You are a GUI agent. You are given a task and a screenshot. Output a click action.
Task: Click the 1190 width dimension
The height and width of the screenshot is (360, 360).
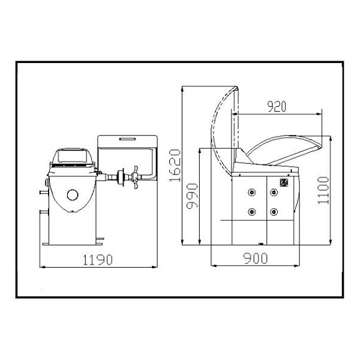(x=98, y=260)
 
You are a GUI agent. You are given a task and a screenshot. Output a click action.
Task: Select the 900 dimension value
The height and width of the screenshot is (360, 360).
(x=256, y=258)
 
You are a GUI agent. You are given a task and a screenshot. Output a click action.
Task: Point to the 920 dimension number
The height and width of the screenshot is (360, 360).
(x=277, y=106)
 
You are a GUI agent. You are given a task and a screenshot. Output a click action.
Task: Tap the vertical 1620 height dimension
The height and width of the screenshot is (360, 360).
(x=175, y=166)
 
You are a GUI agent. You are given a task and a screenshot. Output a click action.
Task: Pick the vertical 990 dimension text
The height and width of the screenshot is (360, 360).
(x=192, y=196)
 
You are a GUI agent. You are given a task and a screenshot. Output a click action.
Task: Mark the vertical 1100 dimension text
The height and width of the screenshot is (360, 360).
(x=323, y=190)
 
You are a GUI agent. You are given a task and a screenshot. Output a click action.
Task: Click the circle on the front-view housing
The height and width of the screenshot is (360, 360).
(x=73, y=195)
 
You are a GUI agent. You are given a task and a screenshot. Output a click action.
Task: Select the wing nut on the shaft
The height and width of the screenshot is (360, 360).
(x=136, y=177)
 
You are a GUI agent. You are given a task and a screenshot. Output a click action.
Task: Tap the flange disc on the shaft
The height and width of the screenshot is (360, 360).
(x=121, y=177)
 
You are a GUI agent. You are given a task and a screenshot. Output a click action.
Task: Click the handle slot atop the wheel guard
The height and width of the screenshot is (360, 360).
(x=127, y=139)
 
